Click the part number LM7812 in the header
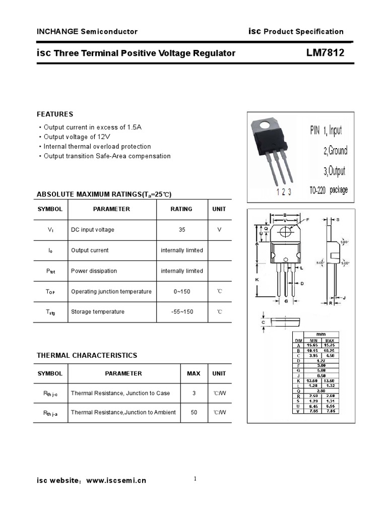[x=325, y=52]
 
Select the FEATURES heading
[x=55, y=114]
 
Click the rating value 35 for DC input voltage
[x=181, y=230]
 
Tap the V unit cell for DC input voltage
[x=219, y=230]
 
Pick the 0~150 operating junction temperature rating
[x=181, y=291]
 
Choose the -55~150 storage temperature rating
[x=181, y=312]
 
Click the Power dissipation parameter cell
[x=94, y=271]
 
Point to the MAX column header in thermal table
[x=193, y=373]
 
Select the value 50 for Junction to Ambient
[x=193, y=412]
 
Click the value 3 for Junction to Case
[x=193, y=393]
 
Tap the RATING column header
[x=181, y=209]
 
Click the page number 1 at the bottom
[x=195, y=479]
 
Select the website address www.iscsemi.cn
[x=116, y=481]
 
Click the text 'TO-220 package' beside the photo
[x=328, y=191]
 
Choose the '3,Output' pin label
[x=335, y=171]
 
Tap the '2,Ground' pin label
[x=335, y=151]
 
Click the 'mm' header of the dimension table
[x=320, y=334]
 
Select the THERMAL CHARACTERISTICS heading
[x=87, y=355]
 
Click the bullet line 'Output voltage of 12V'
[x=77, y=137]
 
